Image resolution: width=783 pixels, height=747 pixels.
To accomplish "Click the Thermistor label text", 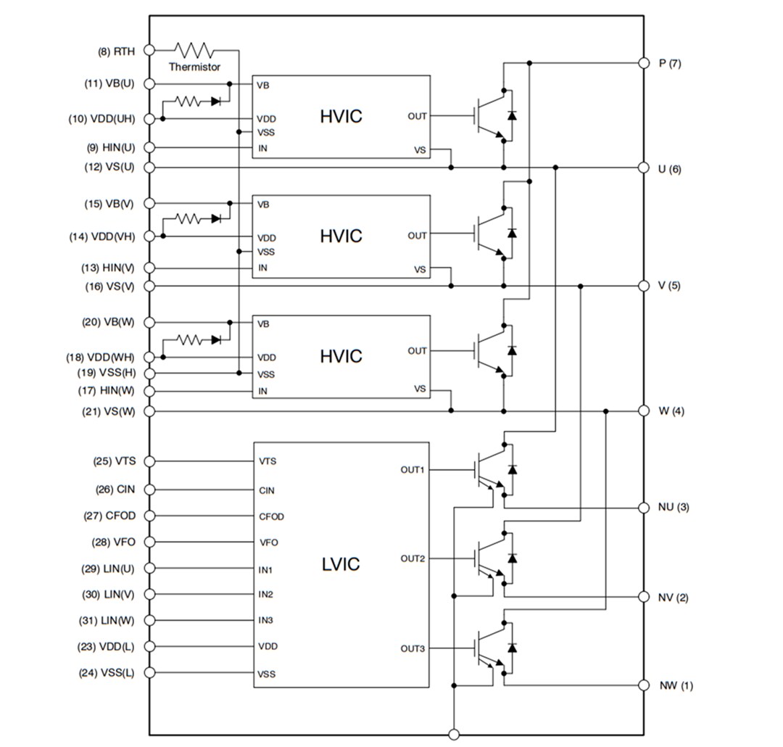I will pos(194,67).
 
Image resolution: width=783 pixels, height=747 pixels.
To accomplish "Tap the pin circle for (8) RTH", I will pos(149,50).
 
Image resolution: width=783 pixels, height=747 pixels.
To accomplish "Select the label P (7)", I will pos(669,63).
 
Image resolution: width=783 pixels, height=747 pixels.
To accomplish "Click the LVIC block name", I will pos(340,564).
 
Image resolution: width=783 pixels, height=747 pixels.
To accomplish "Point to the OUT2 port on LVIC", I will pos(413,558).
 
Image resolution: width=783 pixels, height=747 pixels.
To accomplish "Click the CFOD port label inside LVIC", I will pos(271,517).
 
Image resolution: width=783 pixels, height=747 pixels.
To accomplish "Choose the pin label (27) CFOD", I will pos(109,516).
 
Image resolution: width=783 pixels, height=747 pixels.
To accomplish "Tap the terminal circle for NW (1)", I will pos(642,685).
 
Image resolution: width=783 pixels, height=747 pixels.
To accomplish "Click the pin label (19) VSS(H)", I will pos(106,373).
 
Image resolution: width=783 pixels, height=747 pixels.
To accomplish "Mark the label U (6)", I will pos(669,169).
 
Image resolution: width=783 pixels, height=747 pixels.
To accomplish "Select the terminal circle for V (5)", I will pos(642,286).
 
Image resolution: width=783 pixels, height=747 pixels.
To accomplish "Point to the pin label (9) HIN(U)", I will pos(110,148).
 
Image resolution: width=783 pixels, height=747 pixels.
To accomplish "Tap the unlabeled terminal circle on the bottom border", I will pos(454,735).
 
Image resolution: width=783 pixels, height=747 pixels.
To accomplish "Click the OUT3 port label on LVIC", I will pos(413,648).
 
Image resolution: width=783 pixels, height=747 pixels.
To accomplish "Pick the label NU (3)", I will pos(673,507).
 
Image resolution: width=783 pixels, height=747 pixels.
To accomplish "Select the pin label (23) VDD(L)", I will pos(107,646).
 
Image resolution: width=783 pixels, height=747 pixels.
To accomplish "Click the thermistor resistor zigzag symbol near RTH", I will pos(194,50).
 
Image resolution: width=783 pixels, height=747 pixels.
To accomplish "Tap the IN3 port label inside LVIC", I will pos(265,621).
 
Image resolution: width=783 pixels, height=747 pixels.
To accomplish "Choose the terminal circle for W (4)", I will pos(642,411).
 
